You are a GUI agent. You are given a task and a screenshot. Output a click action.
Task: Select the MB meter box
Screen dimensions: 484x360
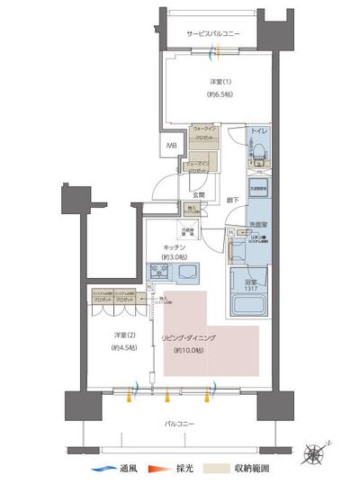click(x=169, y=144)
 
